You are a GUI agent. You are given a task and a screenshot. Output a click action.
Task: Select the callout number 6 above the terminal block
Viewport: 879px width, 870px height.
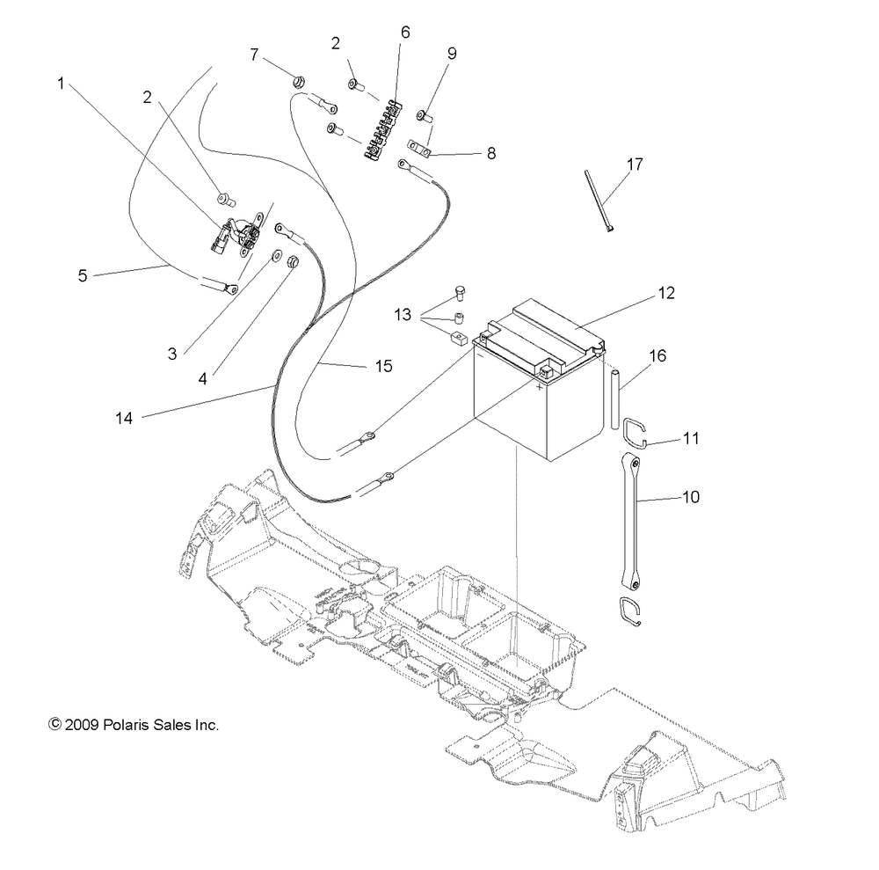tap(404, 32)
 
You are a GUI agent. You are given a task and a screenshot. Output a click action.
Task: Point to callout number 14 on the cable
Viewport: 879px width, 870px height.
tap(124, 419)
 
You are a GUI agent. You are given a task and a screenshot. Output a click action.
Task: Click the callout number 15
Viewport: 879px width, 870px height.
tap(359, 365)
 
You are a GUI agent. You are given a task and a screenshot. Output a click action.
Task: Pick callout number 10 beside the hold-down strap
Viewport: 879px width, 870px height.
tap(690, 497)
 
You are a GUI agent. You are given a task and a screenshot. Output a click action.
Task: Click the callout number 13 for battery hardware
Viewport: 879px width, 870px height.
tap(402, 315)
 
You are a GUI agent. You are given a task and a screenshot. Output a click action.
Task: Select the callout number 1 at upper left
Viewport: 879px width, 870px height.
tap(62, 84)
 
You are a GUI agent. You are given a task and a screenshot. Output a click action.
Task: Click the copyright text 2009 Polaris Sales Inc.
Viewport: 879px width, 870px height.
tap(134, 726)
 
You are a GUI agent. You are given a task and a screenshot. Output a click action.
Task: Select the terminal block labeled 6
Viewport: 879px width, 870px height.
tap(384, 132)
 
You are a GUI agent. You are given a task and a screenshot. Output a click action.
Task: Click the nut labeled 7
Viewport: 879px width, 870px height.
tap(299, 81)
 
